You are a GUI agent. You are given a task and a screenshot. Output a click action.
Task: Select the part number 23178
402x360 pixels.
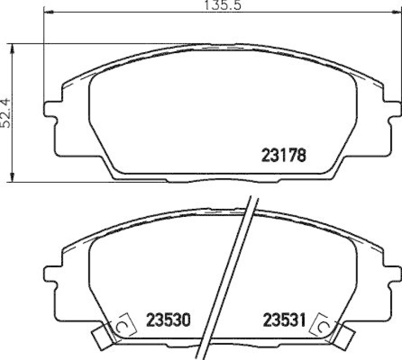[283, 156]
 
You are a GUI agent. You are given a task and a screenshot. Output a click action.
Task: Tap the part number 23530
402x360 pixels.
[167, 319]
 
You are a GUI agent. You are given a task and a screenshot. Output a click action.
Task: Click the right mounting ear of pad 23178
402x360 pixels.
[391, 109]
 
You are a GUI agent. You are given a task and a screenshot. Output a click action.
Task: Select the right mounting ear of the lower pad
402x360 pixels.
[391, 274]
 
